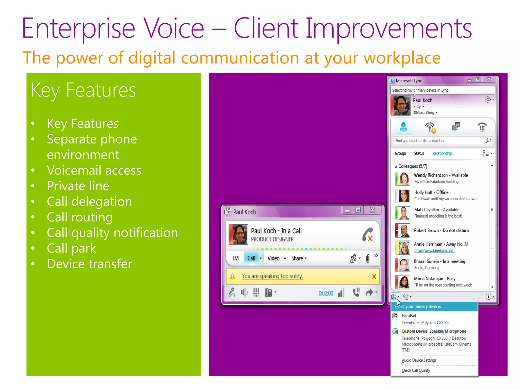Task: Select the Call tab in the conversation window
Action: pos(251,258)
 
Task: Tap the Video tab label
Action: pos(273,258)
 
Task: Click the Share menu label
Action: pos(297,258)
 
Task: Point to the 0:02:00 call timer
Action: pos(326,293)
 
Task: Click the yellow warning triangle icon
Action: pos(233,276)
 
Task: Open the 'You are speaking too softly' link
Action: pos(272,276)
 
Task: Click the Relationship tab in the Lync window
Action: pos(442,153)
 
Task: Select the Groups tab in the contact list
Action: pos(400,153)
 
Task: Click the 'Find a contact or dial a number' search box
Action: pos(439,141)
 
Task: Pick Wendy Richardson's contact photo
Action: pos(403,178)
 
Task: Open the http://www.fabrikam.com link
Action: pos(434,251)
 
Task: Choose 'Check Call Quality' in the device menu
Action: pos(416,370)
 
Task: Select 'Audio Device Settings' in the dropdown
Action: pos(419,360)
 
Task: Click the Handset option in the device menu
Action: pos(409,316)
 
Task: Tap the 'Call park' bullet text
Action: pos(71,248)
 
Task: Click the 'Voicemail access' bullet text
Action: pos(94,170)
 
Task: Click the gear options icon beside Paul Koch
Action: pos(488,100)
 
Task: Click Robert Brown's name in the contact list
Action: pos(426,231)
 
